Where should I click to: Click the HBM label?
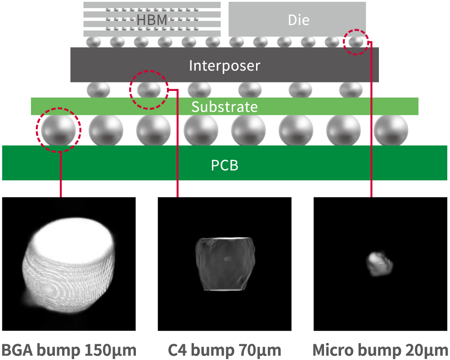[152, 20]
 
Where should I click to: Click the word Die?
[298, 20]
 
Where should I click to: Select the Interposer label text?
[224, 66]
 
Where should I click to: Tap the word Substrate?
[224, 107]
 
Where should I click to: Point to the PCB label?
[224, 165]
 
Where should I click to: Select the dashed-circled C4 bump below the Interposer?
[148, 89]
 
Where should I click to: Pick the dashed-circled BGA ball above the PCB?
[58, 130]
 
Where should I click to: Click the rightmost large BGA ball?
[391, 130]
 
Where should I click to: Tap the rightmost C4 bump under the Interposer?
[351, 89]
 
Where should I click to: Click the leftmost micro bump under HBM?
[93, 42]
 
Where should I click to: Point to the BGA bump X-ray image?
[67, 265]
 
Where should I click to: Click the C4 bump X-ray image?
[223, 263]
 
